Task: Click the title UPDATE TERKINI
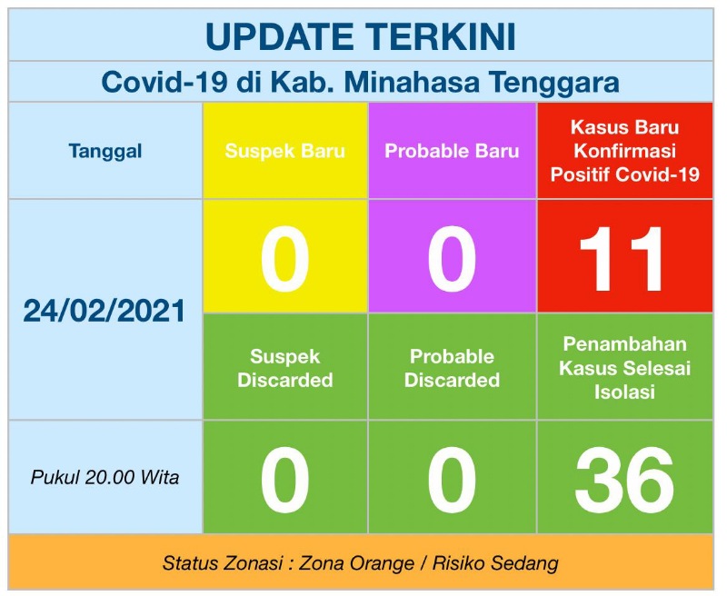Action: [360, 36]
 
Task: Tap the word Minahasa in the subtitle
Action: [412, 82]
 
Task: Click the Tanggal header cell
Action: [105, 151]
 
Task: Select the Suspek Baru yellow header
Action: [285, 151]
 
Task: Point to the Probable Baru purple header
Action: [452, 151]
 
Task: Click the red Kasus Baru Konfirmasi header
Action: [624, 151]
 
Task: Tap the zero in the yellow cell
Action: [284, 259]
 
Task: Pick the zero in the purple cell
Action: [452, 259]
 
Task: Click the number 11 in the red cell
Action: [622, 259]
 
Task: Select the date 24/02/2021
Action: [105, 311]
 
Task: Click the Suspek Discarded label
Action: [285, 369]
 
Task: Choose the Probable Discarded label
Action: [452, 369]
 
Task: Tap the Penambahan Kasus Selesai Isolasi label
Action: [624, 368]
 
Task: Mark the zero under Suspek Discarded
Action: [284, 480]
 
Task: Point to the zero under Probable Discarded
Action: [452, 480]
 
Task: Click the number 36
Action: [624, 480]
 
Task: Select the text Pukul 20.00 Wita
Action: [105, 477]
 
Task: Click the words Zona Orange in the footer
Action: [356, 563]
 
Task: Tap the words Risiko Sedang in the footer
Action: [495, 563]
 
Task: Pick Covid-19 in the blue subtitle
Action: [164, 82]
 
